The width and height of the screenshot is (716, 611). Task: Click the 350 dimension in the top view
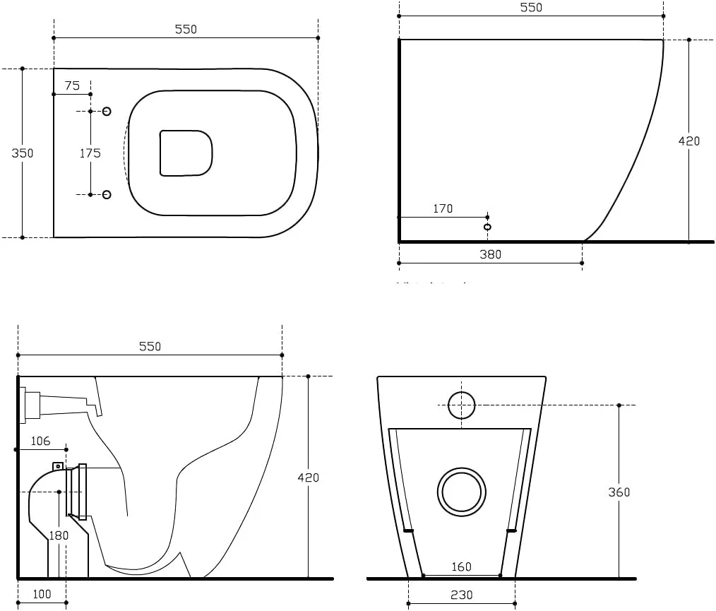click(23, 153)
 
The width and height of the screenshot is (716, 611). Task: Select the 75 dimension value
click(72, 85)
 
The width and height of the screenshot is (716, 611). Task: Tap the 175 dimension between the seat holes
click(90, 153)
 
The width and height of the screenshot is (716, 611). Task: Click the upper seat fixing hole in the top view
click(107, 111)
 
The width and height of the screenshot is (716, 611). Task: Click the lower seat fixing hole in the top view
click(107, 194)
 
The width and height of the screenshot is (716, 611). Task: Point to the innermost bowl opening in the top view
click(186, 153)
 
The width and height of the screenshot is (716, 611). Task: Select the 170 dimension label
click(443, 208)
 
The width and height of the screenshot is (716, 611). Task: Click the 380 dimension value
click(490, 254)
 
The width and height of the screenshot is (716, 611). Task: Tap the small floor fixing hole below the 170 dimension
click(487, 227)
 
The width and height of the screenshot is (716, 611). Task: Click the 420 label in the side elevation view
click(688, 141)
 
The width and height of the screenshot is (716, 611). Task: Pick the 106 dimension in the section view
click(41, 441)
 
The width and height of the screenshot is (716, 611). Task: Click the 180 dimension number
click(58, 535)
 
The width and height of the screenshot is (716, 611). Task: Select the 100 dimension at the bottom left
click(42, 594)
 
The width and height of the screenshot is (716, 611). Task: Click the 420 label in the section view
click(308, 477)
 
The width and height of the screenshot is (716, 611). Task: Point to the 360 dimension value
click(619, 492)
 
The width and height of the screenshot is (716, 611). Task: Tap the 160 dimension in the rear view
click(461, 566)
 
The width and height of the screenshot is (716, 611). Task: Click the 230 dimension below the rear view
click(461, 595)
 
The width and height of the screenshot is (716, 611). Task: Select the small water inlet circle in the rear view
click(462, 405)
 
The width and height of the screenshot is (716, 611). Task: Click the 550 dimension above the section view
click(150, 346)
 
